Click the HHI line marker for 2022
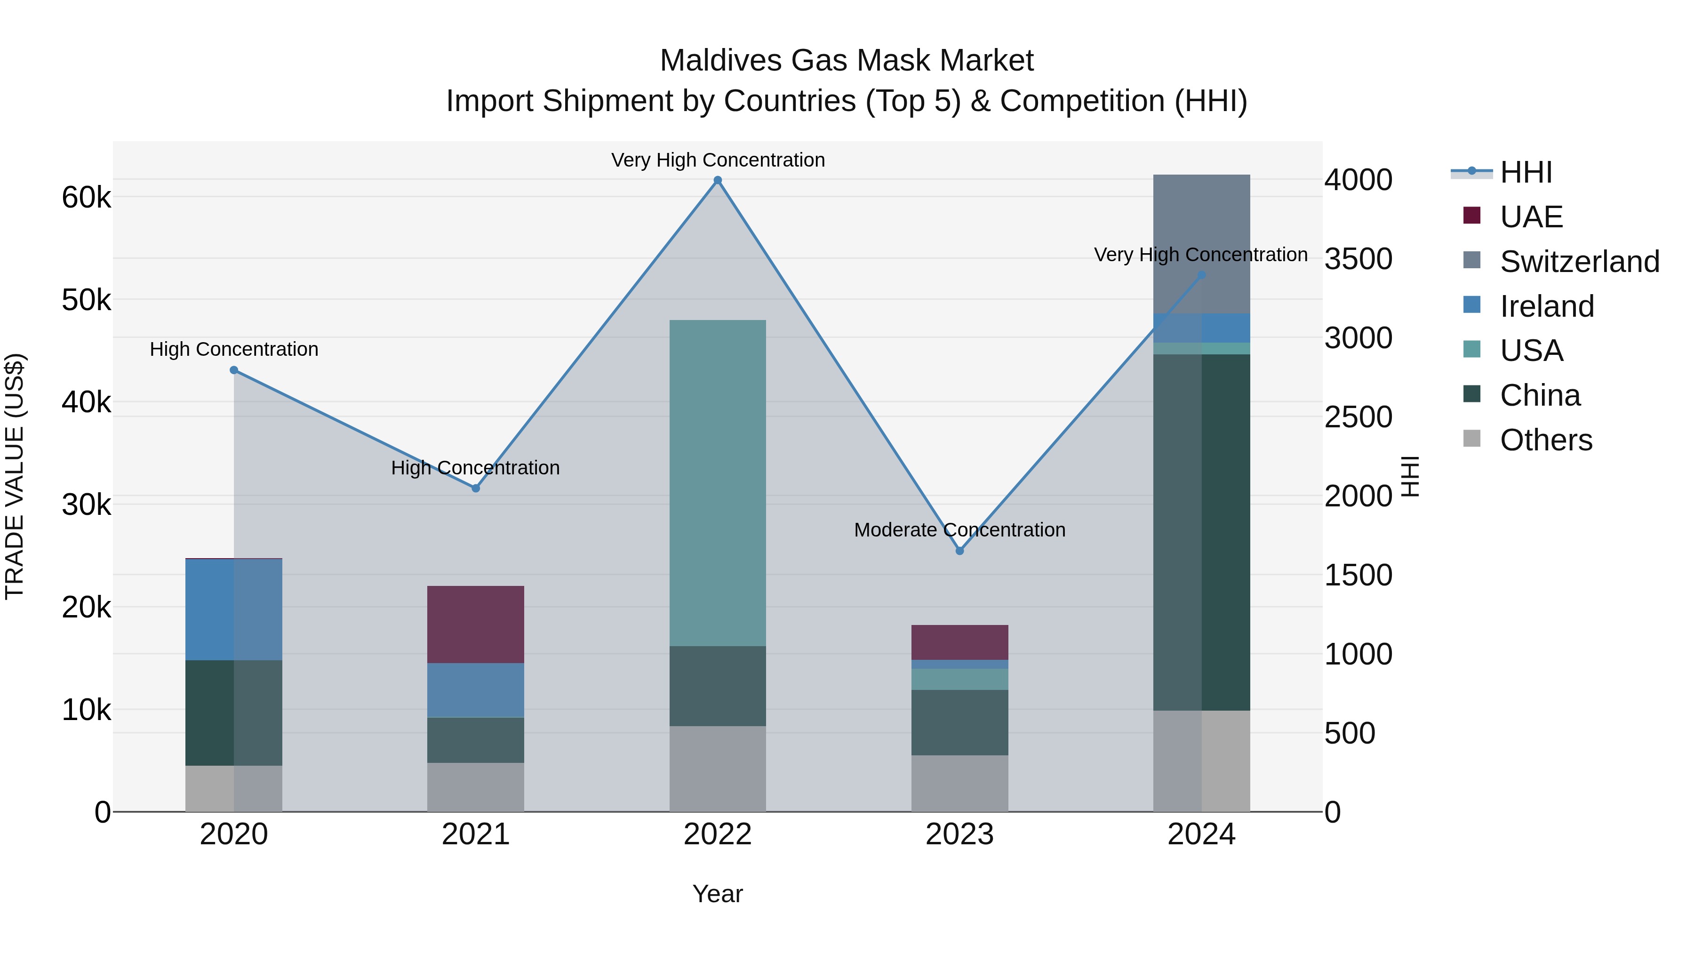(x=718, y=180)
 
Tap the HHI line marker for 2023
(x=959, y=551)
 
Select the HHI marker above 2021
(x=475, y=488)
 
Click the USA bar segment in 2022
(x=718, y=483)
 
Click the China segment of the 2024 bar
(x=1201, y=532)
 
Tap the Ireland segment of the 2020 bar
(x=233, y=609)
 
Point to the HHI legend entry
(x=1526, y=172)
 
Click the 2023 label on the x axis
(x=959, y=834)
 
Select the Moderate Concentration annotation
(x=959, y=529)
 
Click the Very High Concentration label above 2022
(x=718, y=160)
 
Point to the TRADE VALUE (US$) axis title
(x=15, y=476)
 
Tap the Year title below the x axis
(x=718, y=894)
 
